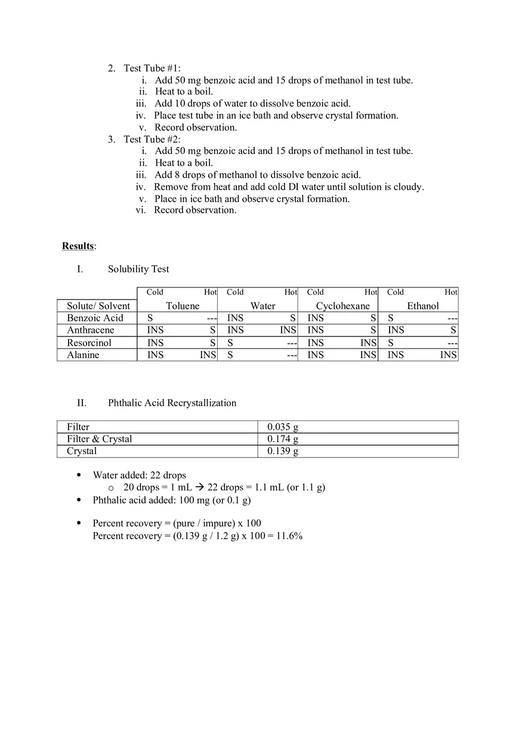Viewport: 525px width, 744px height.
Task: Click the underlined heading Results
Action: point(78,246)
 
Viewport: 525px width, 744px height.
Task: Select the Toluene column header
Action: point(183,306)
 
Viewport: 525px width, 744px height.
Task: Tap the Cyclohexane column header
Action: point(342,306)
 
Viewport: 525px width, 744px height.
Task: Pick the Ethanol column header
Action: point(422,306)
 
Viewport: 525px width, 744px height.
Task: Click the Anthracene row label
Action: point(90,330)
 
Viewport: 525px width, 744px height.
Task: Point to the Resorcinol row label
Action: point(89,342)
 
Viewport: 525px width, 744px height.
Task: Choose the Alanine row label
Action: point(83,355)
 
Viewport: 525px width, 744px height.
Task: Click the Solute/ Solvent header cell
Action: point(98,306)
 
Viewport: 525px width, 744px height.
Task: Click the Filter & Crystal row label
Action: point(99,439)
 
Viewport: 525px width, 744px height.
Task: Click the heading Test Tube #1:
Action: point(152,68)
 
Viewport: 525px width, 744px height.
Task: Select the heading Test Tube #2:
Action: point(152,139)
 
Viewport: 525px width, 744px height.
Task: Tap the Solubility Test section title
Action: point(138,269)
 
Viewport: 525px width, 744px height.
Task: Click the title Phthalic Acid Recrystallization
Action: point(172,403)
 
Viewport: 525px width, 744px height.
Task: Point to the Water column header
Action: point(262,306)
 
